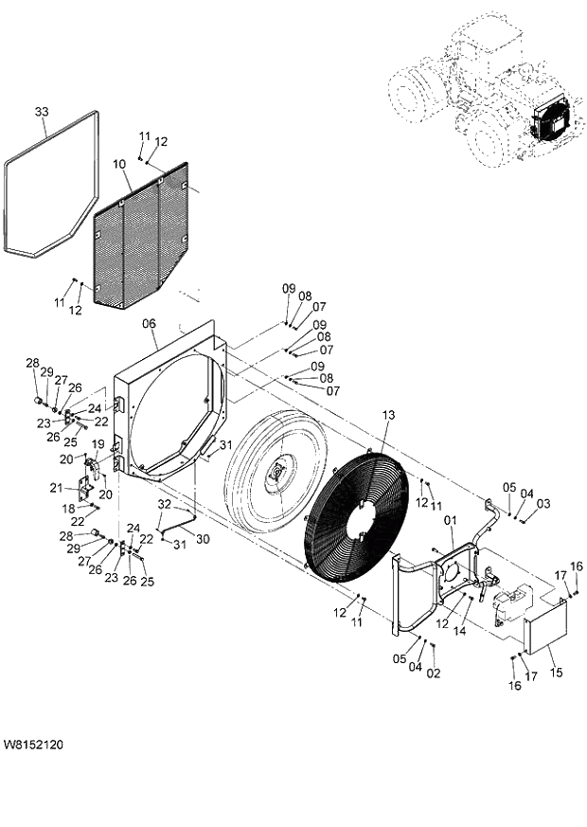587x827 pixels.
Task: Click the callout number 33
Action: tap(41, 112)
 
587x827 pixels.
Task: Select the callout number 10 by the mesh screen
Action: tap(119, 165)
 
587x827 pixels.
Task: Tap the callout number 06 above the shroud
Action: tap(149, 324)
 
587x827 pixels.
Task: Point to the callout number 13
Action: tap(389, 416)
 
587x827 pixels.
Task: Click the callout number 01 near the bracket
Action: tap(450, 520)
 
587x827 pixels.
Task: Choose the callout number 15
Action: tap(556, 673)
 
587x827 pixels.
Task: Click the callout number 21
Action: tap(57, 488)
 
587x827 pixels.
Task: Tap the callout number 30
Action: tap(202, 537)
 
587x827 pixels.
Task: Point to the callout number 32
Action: tap(163, 503)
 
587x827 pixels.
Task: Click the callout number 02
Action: tap(434, 674)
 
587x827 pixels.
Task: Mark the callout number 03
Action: tap(543, 504)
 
